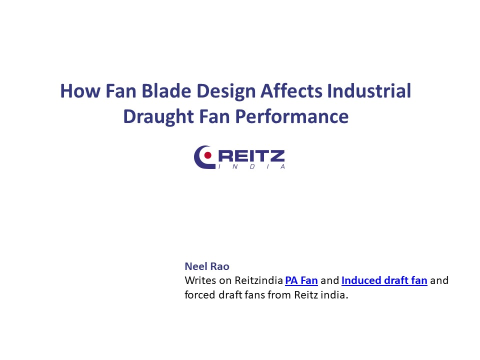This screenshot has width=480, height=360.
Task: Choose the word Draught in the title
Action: pyautogui.click(x=152, y=116)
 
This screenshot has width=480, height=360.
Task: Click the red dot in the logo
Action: pyautogui.click(x=207, y=155)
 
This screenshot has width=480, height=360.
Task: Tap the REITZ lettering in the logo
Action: pyautogui.click(x=251, y=155)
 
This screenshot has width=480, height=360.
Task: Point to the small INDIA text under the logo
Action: pyautogui.click(x=251, y=166)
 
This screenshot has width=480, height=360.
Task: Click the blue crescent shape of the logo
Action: pyautogui.click(x=200, y=157)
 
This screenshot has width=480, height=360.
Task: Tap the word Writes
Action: pyautogui.click(x=198, y=280)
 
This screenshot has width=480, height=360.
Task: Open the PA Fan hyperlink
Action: pyautogui.click(x=301, y=280)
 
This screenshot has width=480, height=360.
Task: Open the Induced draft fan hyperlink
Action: pyautogui.click(x=384, y=280)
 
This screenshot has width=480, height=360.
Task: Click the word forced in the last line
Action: pyautogui.click(x=198, y=294)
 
